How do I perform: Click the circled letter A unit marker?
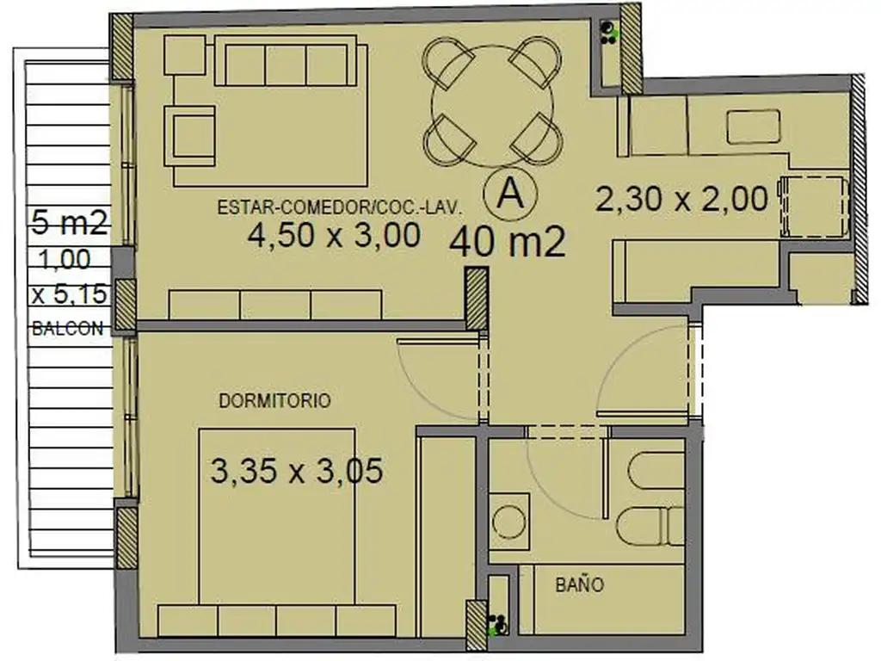(x=510, y=194)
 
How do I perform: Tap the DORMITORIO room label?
(x=274, y=401)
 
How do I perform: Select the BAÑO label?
(x=579, y=584)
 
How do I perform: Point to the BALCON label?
(x=67, y=328)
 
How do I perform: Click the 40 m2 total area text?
(x=508, y=242)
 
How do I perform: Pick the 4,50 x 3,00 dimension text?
(x=334, y=234)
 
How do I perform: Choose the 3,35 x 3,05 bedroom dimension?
(x=297, y=471)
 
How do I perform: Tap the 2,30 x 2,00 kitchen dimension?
(x=681, y=199)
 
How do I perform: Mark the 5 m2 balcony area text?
(x=69, y=223)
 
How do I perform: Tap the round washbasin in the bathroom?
(x=509, y=521)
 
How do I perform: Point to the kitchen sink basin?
(x=754, y=127)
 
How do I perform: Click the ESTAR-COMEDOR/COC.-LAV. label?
(x=339, y=207)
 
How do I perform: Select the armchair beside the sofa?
(x=189, y=136)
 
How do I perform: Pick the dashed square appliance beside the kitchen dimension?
(x=813, y=207)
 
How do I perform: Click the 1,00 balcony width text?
(x=65, y=260)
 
